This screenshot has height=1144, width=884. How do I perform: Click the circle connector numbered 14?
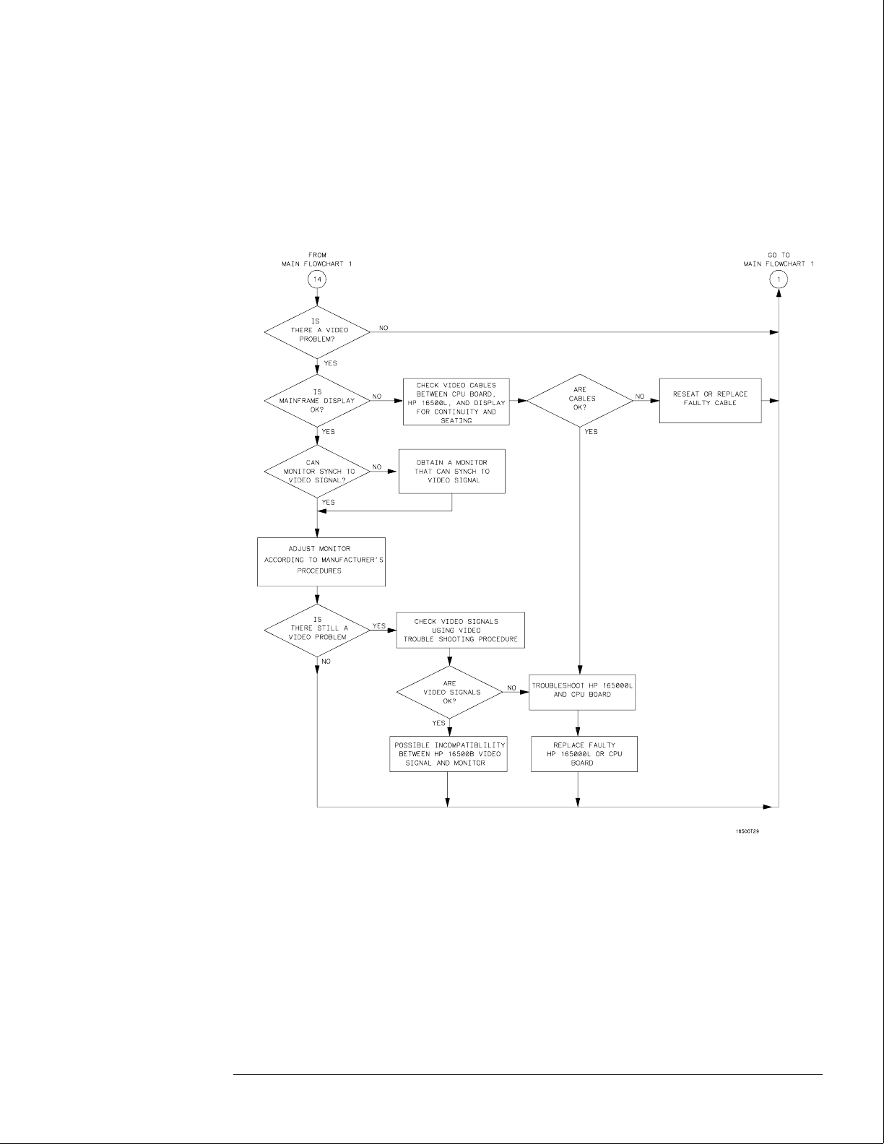click(318, 279)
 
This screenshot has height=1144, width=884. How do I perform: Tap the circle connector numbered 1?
click(779, 279)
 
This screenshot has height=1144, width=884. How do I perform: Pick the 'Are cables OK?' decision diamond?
click(580, 399)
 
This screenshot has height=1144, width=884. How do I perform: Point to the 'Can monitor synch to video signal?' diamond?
click(318, 471)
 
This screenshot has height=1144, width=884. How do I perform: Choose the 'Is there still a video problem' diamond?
click(318, 629)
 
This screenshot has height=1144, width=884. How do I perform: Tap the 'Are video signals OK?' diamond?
click(449, 692)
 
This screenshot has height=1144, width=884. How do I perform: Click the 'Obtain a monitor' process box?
click(452, 471)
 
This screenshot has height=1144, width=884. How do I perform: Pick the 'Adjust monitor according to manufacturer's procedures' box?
click(321, 560)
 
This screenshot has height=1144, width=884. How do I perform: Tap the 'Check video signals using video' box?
click(460, 630)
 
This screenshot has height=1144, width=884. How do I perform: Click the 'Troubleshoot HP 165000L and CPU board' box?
click(582, 690)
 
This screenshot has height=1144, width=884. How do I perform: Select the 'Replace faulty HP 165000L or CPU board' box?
click(584, 753)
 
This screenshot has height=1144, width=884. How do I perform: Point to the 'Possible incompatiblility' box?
click(448, 753)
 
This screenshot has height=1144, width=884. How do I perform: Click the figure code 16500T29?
click(747, 831)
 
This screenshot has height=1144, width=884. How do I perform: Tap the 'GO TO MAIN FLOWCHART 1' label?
click(779, 259)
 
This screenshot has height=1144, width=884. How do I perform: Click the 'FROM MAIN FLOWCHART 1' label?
click(318, 259)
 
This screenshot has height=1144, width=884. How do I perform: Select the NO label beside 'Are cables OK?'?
click(640, 396)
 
